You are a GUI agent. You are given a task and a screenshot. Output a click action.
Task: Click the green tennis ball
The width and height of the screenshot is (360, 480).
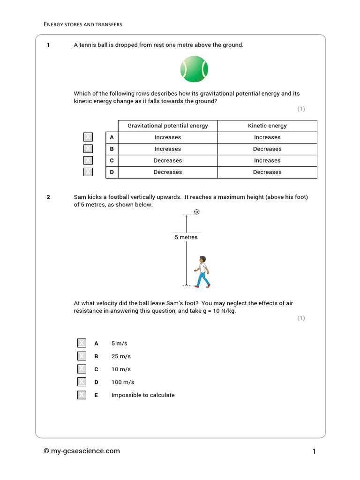(x=194, y=69)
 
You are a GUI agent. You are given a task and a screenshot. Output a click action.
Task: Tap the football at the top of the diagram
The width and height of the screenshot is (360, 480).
(x=196, y=212)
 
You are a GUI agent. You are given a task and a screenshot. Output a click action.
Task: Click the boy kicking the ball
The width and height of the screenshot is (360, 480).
(x=202, y=272)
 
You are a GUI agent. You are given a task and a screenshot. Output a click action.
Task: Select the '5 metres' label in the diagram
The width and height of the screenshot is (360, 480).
(x=186, y=237)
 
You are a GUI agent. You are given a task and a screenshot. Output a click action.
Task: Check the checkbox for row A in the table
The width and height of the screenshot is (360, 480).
(x=88, y=137)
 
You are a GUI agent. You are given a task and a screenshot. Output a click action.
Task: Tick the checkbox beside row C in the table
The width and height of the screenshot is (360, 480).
(x=88, y=160)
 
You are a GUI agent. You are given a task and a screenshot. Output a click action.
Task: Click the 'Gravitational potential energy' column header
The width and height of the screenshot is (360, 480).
(x=167, y=126)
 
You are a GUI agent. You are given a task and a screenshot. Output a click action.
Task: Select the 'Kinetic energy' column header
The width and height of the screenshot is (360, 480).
(x=267, y=126)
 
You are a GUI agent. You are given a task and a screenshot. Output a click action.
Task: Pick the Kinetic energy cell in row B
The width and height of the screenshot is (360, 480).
(x=267, y=149)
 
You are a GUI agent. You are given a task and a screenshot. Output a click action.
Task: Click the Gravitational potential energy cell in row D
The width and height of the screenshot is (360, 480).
(x=167, y=172)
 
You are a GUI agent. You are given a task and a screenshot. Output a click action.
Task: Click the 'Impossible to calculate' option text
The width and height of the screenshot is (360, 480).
(x=143, y=395)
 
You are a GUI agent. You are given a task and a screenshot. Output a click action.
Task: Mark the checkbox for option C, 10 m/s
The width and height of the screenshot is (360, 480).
(x=82, y=369)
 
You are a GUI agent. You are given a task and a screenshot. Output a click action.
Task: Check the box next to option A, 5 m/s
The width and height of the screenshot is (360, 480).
(x=82, y=343)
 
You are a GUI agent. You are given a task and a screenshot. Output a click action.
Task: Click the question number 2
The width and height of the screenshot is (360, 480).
(x=48, y=197)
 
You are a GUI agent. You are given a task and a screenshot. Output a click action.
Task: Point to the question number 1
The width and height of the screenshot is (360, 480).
(x=48, y=45)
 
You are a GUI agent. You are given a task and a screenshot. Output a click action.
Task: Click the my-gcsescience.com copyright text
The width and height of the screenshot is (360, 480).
(x=82, y=451)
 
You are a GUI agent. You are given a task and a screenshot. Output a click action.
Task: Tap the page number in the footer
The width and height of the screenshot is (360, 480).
(x=314, y=451)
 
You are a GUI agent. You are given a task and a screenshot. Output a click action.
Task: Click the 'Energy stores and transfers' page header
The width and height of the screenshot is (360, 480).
(x=83, y=24)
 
